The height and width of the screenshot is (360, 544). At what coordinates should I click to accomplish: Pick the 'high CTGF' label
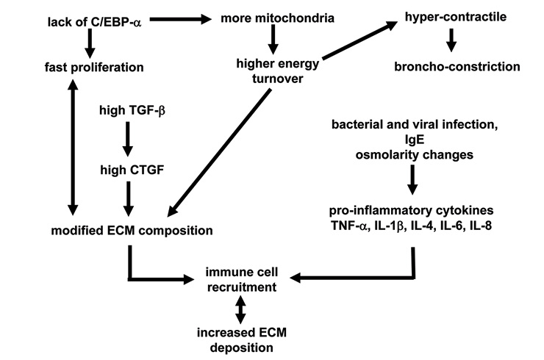click(129, 170)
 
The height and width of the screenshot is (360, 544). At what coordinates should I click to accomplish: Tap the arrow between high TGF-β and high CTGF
click(129, 140)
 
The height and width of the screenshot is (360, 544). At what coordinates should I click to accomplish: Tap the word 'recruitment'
click(242, 287)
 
